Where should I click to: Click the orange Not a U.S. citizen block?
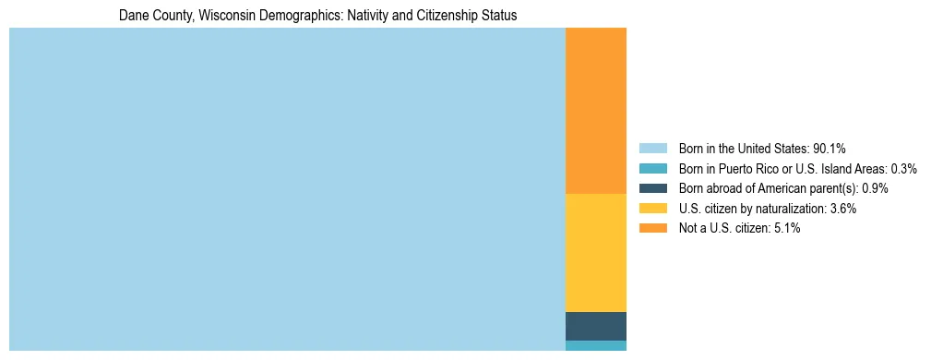595,111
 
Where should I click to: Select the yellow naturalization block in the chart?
595,253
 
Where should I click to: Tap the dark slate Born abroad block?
595,326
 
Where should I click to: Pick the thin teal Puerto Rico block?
595,345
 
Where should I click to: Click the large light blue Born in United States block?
286,189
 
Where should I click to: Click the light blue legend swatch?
652,149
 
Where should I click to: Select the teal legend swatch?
652,169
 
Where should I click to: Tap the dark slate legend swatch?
652,188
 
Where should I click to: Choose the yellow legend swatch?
652,209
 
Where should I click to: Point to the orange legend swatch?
652,228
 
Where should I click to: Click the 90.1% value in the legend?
830,149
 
